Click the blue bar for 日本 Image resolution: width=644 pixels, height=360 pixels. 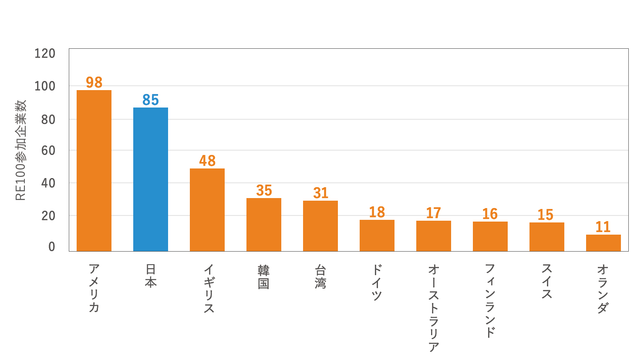(150, 179)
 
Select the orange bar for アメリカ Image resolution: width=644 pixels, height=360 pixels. (94, 170)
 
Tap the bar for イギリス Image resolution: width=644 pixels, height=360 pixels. (207, 209)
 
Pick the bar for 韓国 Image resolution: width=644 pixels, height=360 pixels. (263, 224)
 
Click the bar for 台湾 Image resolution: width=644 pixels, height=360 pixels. (320, 225)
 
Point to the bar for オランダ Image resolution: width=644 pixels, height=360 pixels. (603, 242)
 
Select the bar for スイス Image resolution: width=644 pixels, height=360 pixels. (546, 236)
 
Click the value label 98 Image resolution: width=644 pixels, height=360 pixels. (94, 82)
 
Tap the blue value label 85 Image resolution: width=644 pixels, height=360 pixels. (151, 100)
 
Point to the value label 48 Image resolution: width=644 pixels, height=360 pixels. (207, 161)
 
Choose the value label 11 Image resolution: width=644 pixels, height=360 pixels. (603, 227)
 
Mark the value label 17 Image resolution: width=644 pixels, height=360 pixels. (433, 213)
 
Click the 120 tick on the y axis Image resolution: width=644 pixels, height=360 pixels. (45, 54)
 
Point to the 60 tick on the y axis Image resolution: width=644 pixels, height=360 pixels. (48, 151)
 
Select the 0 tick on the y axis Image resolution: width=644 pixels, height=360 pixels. (52, 247)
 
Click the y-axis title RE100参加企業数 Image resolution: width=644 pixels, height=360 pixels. (21, 150)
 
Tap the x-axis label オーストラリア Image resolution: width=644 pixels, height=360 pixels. (433, 307)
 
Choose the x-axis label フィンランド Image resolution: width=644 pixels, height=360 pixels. (490, 300)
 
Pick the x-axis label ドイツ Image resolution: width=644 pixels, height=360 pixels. (377, 282)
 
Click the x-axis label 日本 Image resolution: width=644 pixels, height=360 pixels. (151, 276)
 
